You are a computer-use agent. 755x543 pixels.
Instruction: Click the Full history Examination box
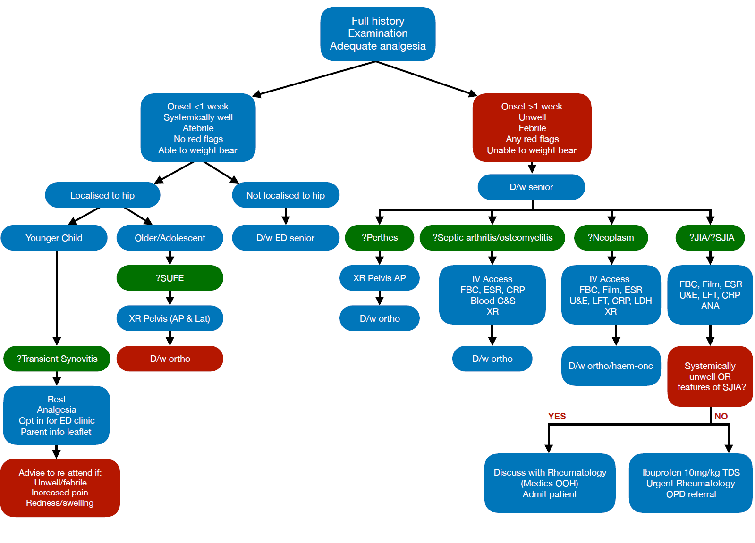[378, 33]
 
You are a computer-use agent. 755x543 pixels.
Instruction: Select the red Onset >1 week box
[532, 128]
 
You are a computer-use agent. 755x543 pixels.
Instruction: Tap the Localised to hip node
[102, 195]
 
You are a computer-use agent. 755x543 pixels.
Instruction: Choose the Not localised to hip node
[285, 195]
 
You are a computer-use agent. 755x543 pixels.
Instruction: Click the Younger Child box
[54, 238]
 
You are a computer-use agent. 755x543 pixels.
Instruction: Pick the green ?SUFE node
[170, 278]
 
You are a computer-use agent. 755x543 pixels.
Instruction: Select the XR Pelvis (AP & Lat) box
[170, 318]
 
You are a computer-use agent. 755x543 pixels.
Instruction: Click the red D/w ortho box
[170, 359]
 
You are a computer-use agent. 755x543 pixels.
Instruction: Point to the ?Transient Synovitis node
[57, 359]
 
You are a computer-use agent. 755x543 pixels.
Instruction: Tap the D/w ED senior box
[285, 238]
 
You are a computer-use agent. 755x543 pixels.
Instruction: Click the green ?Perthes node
[379, 237]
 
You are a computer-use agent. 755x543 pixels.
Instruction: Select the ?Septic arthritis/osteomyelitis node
[492, 237]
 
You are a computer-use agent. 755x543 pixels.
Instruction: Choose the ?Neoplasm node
[611, 237]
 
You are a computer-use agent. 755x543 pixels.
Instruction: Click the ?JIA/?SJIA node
[711, 237]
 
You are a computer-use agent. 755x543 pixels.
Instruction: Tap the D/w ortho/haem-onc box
[611, 366]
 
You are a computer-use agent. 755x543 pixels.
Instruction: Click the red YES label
[557, 416]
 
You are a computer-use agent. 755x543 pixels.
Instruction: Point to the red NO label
[721, 416]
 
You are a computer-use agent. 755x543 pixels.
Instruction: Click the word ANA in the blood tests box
[710, 306]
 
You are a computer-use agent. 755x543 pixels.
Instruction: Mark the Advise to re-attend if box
[60, 488]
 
